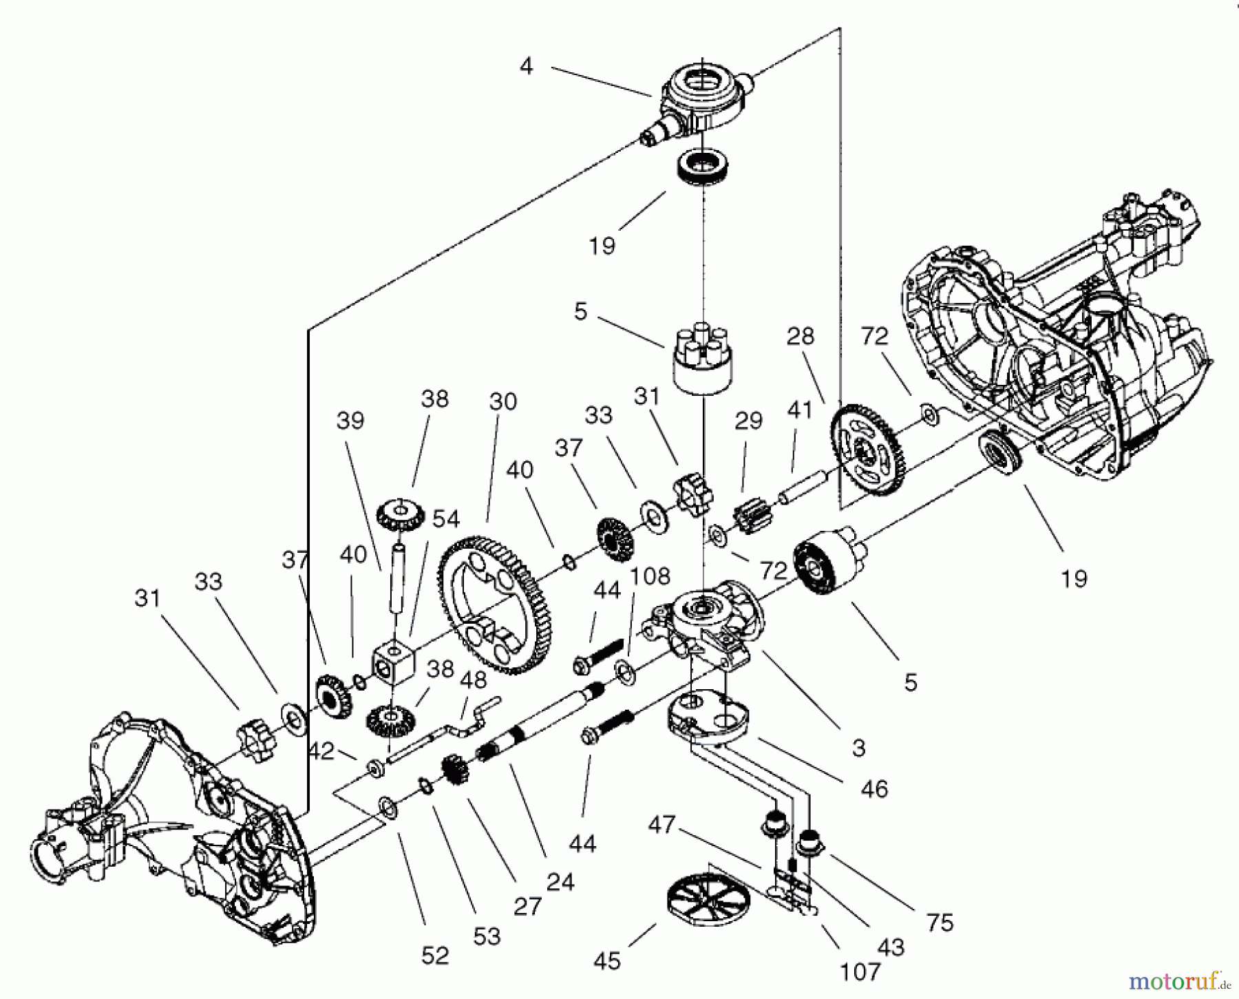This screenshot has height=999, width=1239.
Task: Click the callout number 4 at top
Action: [526, 66]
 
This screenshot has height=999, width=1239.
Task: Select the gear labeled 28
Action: [868, 450]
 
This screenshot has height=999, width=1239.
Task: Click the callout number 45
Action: [607, 961]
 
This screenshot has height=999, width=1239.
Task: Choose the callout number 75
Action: [940, 923]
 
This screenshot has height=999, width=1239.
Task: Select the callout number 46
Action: [874, 788]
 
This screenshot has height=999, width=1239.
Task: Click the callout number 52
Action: [435, 955]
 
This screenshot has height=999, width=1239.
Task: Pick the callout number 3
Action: [858, 748]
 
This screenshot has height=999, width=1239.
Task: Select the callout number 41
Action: [799, 410]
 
